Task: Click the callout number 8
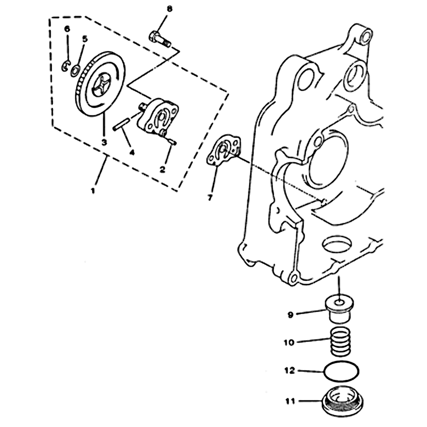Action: click(169, 9)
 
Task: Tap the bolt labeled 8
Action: click(160, 38)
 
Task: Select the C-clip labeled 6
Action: click(65, 66)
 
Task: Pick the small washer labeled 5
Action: click(75, 70)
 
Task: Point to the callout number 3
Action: click(104, 142)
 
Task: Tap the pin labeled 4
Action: click(121, 126)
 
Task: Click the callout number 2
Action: click(163, 170)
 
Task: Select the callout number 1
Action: click(93, 191)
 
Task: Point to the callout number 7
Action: click(210, 197)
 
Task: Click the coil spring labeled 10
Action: click(341, 341)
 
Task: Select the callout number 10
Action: click(289, 342)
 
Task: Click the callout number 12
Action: click(289, 370)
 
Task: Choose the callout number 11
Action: click(290, 401)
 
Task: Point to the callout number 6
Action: click(67, 29)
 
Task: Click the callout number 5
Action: click(85, 39)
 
